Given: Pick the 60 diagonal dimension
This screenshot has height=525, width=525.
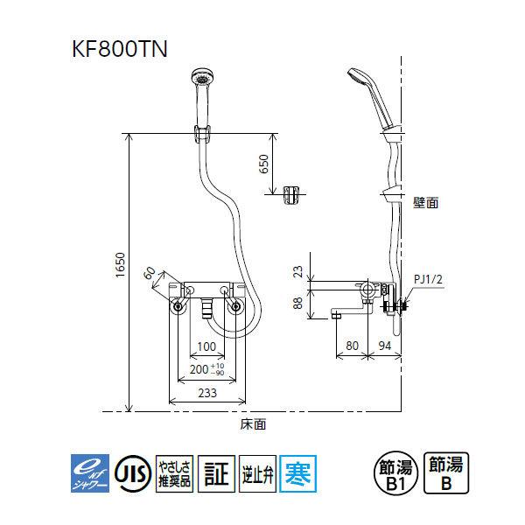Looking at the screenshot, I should coord(150,274).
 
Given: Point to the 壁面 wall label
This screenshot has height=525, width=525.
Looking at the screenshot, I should coord(425,200).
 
